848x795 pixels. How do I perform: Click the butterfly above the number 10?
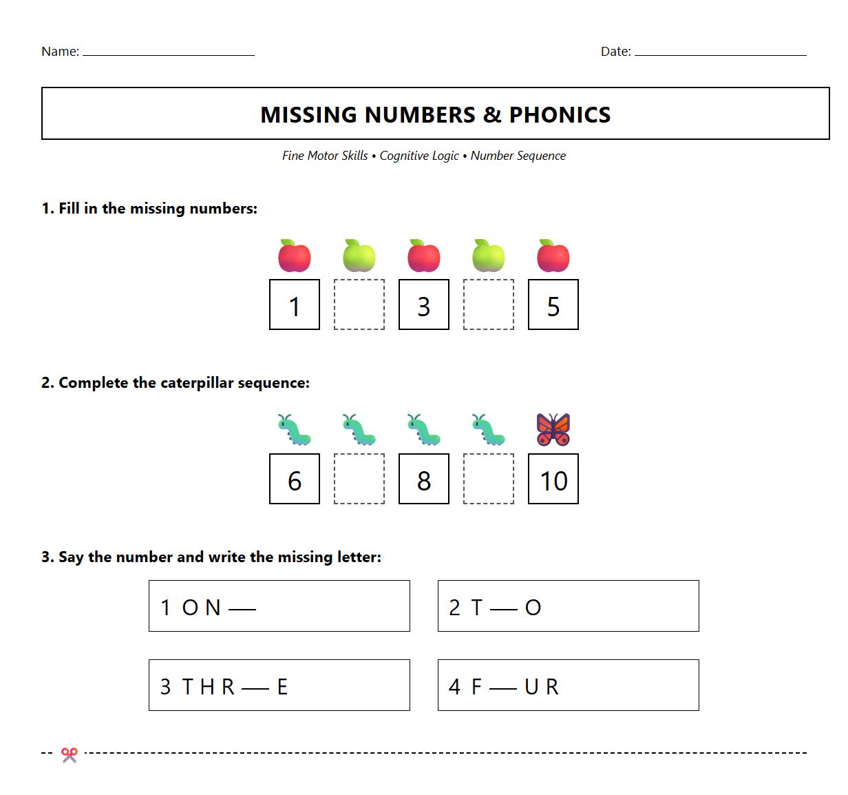[553, 429]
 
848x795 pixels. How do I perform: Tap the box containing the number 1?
[295, 304]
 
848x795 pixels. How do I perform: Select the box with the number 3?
[424, 304]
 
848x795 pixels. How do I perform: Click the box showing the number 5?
[553, 304]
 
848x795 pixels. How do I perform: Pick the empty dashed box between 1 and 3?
[359, 304]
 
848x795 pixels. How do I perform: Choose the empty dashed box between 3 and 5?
[489, 304]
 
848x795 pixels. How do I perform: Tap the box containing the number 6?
[295, 479]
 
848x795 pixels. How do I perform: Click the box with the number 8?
[424, 479]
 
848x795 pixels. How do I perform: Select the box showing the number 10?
[553, 479]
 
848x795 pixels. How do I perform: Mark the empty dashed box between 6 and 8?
[359, 479]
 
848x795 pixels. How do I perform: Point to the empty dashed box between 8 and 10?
[489, 479]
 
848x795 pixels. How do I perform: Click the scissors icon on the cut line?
[69, 755]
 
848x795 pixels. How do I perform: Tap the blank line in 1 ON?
[242, 609]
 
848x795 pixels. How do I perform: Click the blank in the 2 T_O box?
[504, 609]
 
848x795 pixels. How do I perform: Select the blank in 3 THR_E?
[255, 688]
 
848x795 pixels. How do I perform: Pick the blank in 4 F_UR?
[502, 688]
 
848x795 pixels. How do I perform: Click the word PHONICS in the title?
[560, 114]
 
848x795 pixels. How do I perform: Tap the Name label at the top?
[60, 52]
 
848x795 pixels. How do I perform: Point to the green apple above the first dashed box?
[359, 256]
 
